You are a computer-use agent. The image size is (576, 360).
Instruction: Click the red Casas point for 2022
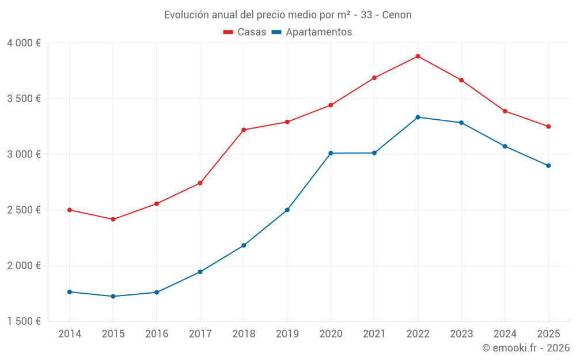click(x=418, y=56)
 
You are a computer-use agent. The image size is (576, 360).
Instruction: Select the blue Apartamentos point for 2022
click(x=418, y=117)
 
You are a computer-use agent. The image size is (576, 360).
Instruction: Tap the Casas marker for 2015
click(x=113, y=219)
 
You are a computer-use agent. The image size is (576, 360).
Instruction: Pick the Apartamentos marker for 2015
click(x=113, y=296)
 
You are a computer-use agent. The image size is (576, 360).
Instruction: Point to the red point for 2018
click(x=244, y=130)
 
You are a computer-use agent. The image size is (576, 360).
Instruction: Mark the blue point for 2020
click(x=331, y=153)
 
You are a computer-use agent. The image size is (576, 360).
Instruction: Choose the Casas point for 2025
click(x=548, y=126)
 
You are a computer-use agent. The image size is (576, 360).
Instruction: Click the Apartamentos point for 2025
click(x=548, y=165)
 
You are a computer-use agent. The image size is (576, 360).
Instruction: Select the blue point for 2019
click(x=287, y=210)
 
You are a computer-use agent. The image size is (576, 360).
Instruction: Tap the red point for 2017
click(x=200, y=183)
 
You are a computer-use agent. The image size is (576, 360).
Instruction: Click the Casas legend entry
click(x=245, y=32)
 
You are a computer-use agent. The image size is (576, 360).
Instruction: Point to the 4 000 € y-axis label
click(x=24, y=43)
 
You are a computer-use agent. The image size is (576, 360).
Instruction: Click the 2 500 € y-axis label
click(x=24, y=210)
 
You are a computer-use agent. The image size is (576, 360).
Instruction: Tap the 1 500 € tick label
click(x=24, y=321)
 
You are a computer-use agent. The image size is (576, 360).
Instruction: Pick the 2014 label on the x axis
click(x=70, y=334)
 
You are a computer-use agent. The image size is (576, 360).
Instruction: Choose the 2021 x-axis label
click(x=374, y=334)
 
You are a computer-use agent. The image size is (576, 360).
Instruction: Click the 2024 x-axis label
click(x=505, y=334)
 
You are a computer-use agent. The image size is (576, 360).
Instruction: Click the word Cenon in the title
click(x=397, y=15)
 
